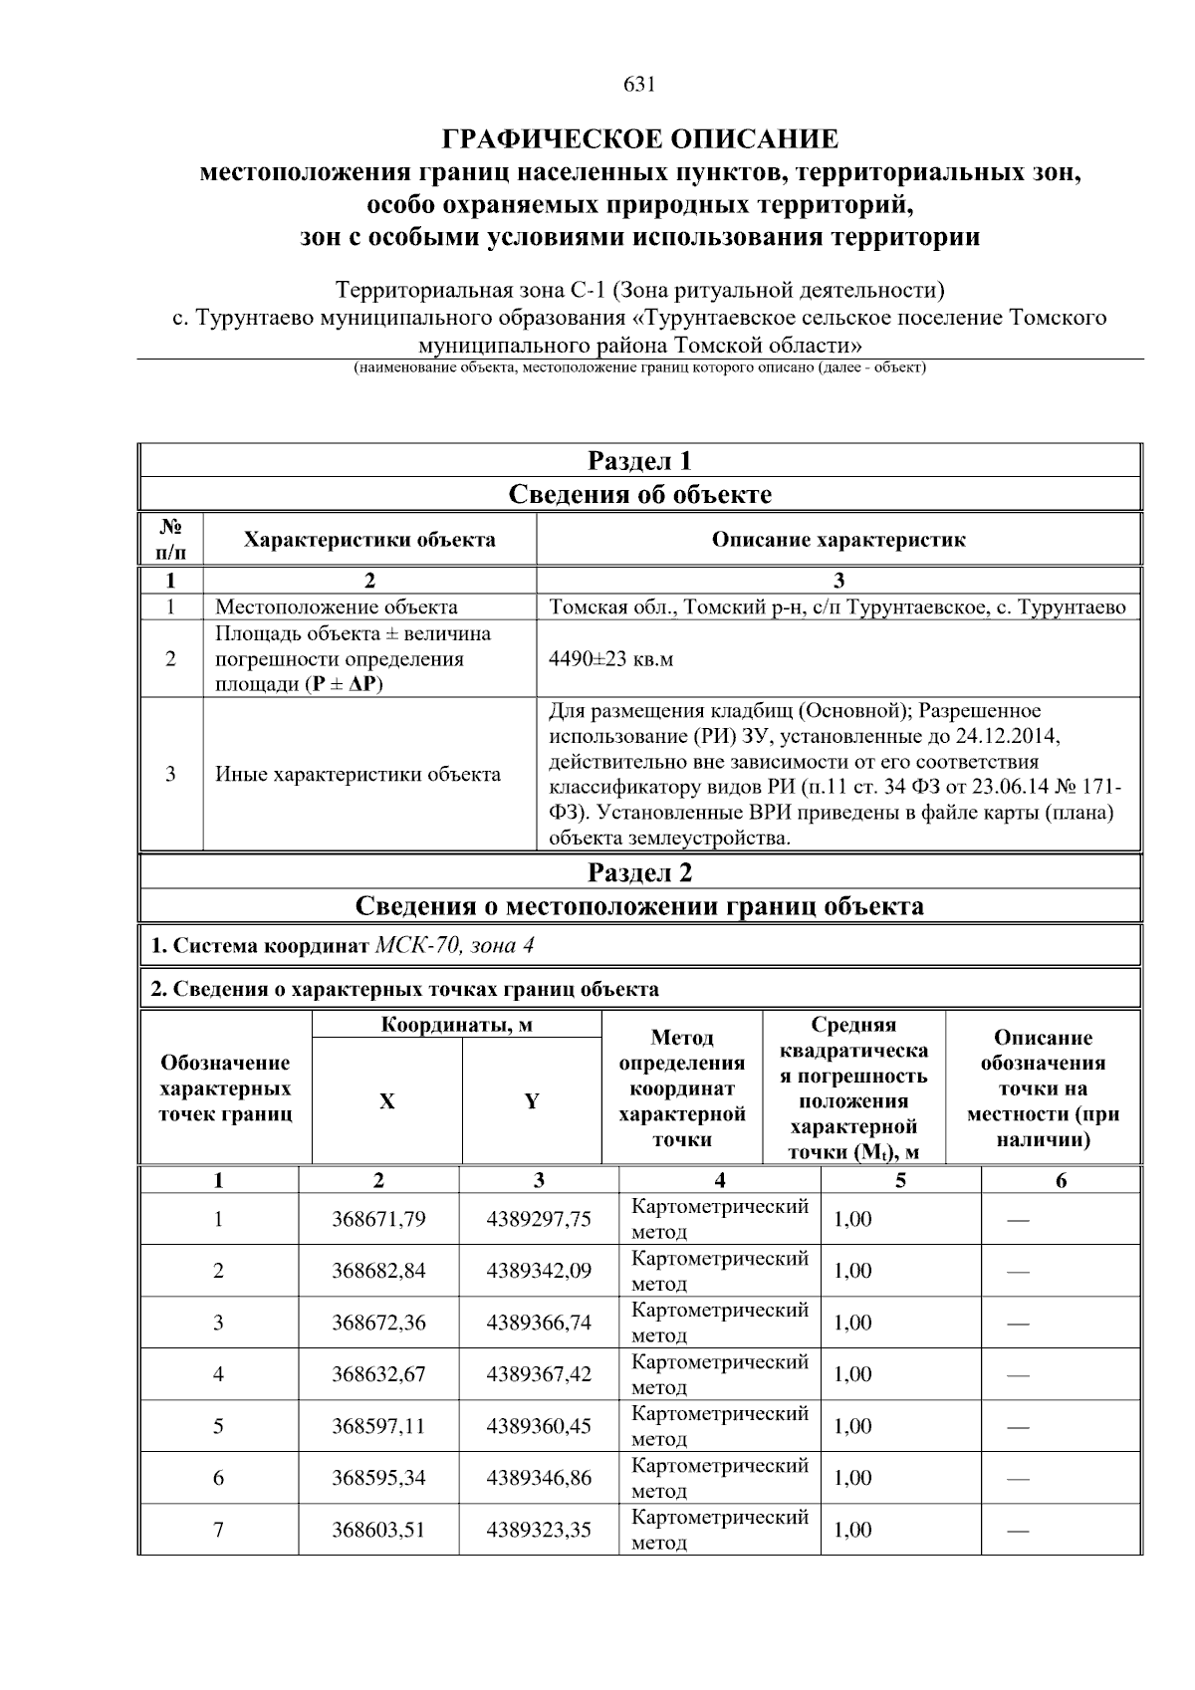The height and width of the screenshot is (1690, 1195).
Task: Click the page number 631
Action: (639, 85)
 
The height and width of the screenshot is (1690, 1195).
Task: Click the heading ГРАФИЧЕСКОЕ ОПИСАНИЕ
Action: (639, 138)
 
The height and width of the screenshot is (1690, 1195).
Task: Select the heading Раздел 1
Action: (639, 461)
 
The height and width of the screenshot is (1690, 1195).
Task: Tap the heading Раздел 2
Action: (639, 872)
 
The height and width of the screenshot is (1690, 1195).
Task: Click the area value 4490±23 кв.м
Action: (610, 659)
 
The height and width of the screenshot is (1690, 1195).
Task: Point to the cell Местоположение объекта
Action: (337, 606)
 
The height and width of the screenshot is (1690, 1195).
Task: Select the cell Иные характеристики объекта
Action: (358, 774)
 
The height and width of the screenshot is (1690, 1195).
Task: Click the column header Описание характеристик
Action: (837, 540)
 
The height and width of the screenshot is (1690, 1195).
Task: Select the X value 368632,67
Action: (378, 1374)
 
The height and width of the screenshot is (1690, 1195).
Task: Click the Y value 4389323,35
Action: (539, 1530)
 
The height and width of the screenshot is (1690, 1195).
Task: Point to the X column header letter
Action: (386, 1101)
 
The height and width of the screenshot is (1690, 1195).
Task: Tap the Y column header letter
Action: (532, 1101)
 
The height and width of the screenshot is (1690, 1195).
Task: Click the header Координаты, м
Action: (457, 1025)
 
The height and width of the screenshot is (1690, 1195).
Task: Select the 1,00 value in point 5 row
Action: (852, 1426)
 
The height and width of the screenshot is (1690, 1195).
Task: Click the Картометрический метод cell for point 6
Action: (719, 1478)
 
